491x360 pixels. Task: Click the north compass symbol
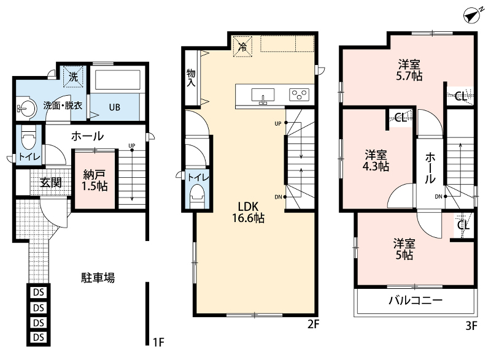coord(472,15)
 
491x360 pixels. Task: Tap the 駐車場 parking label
coord(98,278)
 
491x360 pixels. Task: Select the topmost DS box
coord(39,293)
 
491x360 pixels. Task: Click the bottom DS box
coord(39,337)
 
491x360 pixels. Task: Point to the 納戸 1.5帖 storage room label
coord(95,180)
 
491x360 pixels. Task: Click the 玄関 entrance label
coord(51,182)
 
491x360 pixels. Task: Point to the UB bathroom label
coord(115,107)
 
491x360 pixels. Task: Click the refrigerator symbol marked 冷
coord(242,47)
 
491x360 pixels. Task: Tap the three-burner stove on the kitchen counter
coord(300,95)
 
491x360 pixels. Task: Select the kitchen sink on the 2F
coord(263,96)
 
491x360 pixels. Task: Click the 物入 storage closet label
coord(191,78)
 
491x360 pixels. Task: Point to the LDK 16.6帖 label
coord(249,212)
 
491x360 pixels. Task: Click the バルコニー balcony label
coord(416,301)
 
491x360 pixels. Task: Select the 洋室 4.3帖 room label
coord(376,161)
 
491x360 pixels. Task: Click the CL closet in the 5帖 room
coord(463,225)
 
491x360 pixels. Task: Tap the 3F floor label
coord(471,326)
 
